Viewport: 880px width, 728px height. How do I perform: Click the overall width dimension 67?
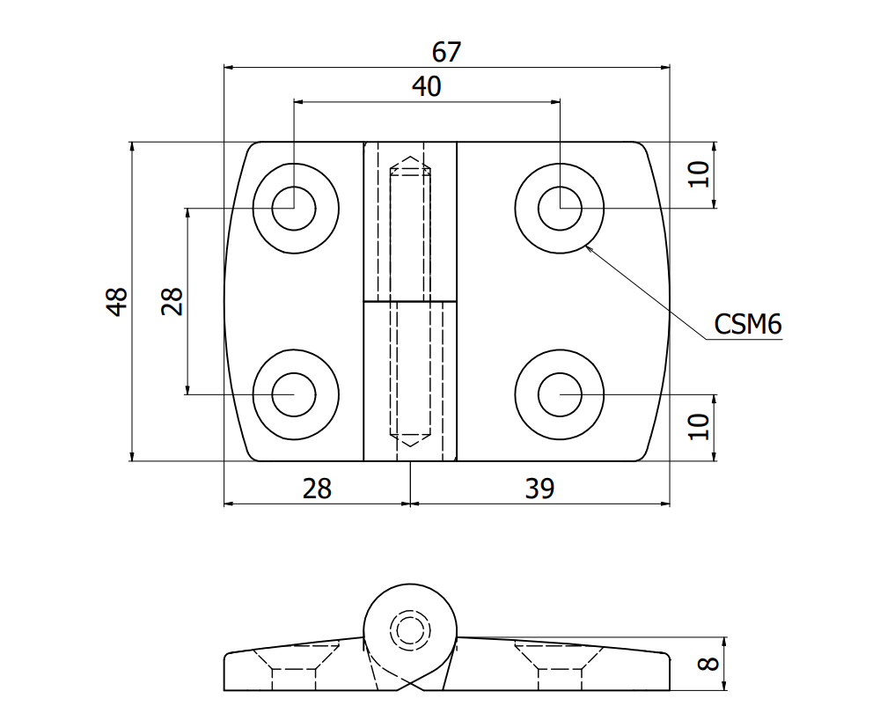[446, 52]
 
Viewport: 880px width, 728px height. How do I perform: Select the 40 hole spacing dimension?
[427, 86]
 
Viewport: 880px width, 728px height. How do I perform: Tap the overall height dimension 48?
[117, 301]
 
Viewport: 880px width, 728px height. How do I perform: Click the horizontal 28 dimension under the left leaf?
[317, 489]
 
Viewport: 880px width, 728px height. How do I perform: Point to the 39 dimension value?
[539, 489]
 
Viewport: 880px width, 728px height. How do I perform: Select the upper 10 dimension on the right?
[699, 174]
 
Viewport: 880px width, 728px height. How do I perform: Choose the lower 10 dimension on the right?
[699, 427]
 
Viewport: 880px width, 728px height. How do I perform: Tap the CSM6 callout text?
[747, 325]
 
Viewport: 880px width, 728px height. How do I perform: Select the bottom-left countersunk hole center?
[295, 394]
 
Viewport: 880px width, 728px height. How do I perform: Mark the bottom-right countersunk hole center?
[560, 394]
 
